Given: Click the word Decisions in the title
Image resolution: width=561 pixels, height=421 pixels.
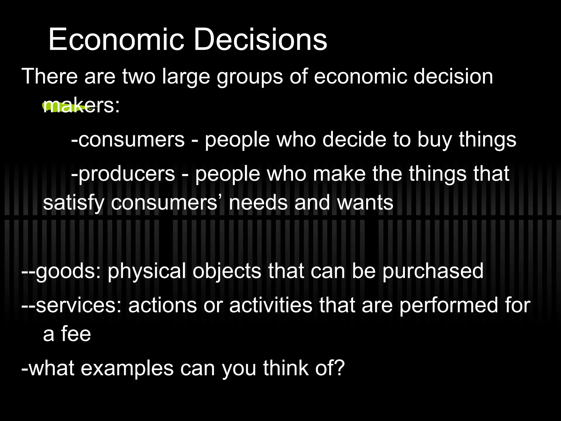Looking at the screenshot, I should click(x=260, y=40).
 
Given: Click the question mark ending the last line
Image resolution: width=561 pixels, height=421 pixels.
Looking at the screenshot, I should click(x=340, y=368).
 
